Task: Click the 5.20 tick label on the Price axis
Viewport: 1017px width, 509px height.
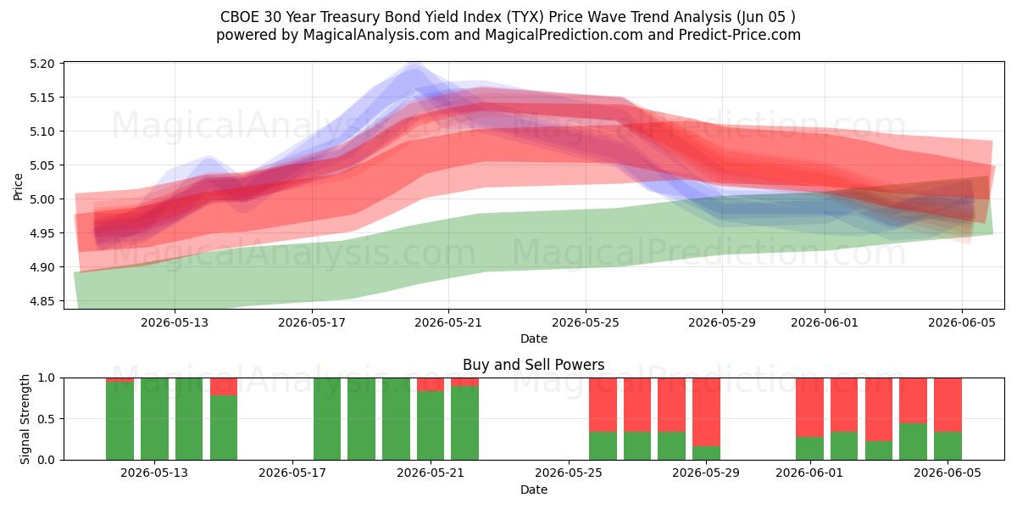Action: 42,64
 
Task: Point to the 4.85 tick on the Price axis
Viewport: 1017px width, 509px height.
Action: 42,301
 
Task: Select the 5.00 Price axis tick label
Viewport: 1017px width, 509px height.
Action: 42,199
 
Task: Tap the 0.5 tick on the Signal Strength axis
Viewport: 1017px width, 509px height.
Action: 47,419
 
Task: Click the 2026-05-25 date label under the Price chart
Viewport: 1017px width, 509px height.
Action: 586,322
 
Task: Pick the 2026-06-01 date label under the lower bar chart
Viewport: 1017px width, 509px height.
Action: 809,473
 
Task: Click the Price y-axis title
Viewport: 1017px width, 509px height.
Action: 18,187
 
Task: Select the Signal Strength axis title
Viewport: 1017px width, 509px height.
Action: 25,419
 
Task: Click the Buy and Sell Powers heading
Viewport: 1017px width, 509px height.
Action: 533,365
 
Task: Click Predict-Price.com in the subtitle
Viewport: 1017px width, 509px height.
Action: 740,35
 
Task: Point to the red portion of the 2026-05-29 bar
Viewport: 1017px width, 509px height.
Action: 706,411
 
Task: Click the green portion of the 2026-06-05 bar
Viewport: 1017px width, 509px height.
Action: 948,446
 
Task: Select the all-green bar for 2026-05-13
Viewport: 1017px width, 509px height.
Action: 154,419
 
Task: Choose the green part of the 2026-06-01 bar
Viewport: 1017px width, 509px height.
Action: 809,449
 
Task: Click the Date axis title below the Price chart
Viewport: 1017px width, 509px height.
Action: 533,338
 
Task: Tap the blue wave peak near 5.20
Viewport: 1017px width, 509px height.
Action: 415,67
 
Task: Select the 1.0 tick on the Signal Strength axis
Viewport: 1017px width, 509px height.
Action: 47,378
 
